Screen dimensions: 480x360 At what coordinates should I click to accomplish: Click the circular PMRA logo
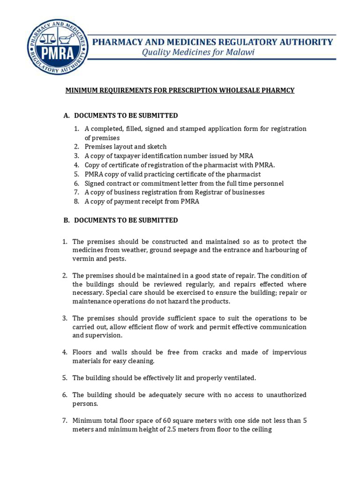57,47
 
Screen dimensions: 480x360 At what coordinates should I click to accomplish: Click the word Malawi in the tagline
239,52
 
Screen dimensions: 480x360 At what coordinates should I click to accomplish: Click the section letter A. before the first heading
67,115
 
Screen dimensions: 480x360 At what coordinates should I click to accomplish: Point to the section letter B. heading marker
67,220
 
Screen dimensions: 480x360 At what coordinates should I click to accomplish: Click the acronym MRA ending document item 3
247,156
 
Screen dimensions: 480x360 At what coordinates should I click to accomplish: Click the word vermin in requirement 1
83,259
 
